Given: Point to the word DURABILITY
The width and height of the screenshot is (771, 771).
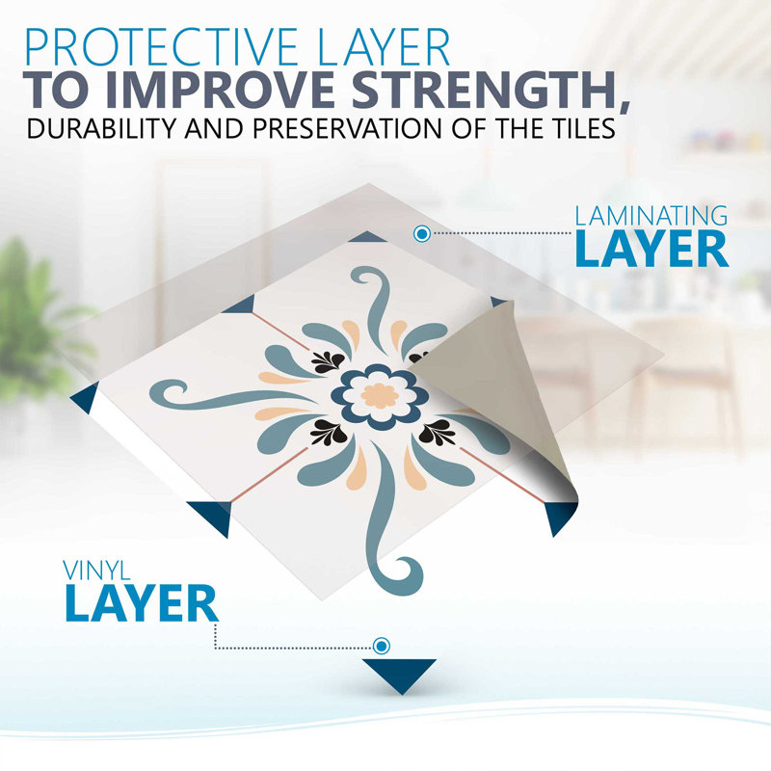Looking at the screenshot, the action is click(x=101, y=128).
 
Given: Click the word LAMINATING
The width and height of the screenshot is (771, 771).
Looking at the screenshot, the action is click(x=651, y=216).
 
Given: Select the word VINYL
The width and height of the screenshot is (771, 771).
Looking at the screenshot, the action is click(x=96, y=571).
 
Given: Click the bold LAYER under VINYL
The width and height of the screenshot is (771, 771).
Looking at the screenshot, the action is click(x=141, y=603).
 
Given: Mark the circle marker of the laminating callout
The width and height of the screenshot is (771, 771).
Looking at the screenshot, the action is click(x=422, y=233).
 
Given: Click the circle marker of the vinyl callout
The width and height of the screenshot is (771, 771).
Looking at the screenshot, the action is click(x=381, y=646).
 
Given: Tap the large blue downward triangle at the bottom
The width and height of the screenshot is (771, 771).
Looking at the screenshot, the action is click(x=400, y=672).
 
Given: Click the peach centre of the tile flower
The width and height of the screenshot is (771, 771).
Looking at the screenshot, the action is click(x=380, y=396).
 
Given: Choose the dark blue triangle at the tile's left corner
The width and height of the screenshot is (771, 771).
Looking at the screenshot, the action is click(x=86, y=397).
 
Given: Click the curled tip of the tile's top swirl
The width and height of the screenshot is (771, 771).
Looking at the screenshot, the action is click(x=366, y=277).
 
